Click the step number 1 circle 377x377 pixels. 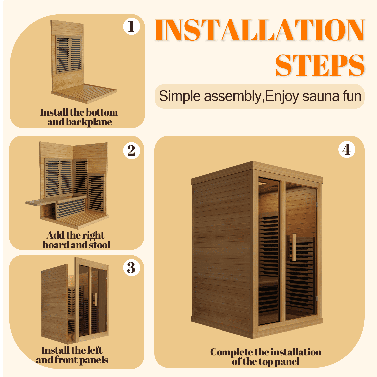pyautogui.click(x=131, y=26)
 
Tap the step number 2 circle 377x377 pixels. pyautogui.click(x=131, y=151)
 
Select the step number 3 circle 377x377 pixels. pyautogui.click(x=131, y=268)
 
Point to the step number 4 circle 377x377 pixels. pyautogui.click(x=347, y=150)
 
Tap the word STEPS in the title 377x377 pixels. pyautogui.click(x=320, y=65)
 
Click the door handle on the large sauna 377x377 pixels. pyautogui.click(x=293, y=248)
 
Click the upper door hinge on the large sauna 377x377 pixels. pyautogui.click(x=317, y=204)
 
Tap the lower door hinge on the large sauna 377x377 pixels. pyautogui.click(x=317, y=298)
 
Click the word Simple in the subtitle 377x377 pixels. pyautogui.click(x=179, y=96)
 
